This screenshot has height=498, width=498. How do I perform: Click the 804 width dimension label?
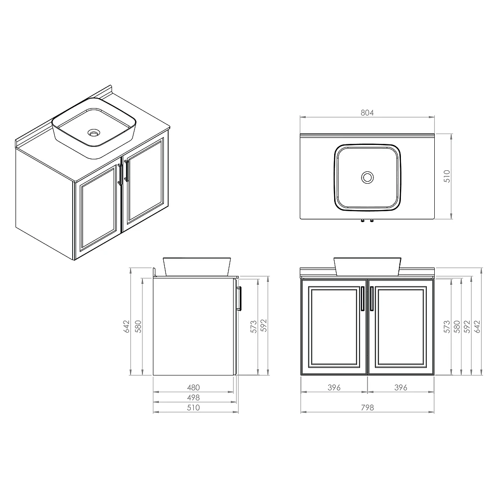367,113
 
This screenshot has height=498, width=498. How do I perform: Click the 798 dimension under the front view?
367,407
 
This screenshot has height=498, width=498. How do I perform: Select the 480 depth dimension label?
193,387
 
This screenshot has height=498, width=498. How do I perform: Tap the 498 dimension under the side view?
193,397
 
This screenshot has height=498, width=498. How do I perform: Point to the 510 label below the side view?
193,407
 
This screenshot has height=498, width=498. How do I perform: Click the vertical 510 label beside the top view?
447,176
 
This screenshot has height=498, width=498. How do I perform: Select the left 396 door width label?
334,387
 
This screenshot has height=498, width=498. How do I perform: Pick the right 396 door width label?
401,387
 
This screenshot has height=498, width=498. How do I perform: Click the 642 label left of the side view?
126,327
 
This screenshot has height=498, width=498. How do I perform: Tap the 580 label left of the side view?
138,327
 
